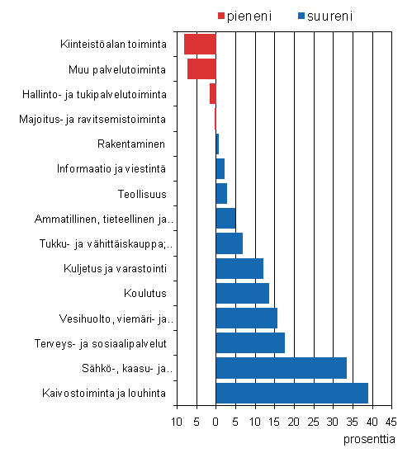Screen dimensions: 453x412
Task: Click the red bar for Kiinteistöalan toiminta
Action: (200, 44)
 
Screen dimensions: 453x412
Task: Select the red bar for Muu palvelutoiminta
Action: (201, 68)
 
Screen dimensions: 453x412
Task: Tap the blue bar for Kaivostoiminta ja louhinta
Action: (291, 393)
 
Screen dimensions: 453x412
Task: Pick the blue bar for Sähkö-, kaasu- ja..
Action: (281, 368)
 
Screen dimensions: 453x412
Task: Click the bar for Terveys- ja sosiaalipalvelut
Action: (250, 343)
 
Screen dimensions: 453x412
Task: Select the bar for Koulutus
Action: (242, 293)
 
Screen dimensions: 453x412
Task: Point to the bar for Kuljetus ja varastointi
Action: (239, 268)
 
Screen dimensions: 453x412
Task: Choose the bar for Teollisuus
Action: (221, 193)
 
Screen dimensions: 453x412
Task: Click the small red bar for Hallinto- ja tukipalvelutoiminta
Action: (212, 93)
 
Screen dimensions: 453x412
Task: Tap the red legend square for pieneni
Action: (221, 16)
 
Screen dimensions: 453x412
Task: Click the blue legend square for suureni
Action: (303, 16)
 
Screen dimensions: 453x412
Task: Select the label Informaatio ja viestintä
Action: (112, 168)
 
